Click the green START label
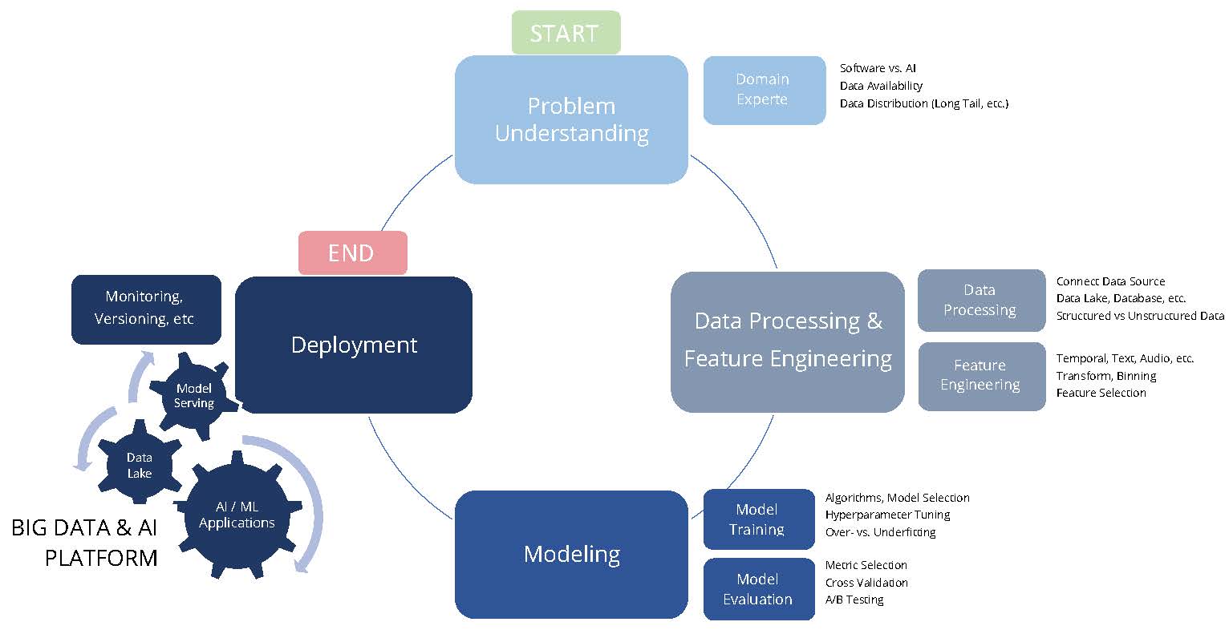pyautogui.click(x=566, y=33)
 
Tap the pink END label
pyautogui.click(x=352, y=252)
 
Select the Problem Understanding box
pyautogui.click(x=571, y=119)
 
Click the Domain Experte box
pyautogui.click(x=764, y=90)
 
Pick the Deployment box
pyautogui.click(x=354, y=345)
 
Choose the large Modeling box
pyautogui.click(x=571, y=554)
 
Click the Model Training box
pyautogui.click(x=758, y=519)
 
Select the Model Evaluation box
pyautogui.click(x=758, y=589)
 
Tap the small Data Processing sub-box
pyautogui.click(x=980, y=300)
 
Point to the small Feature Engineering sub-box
pyautogui.click(x=980, y=375)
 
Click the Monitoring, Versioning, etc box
pyautogui.click(x=145, y=308)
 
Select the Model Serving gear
pyautogui.click(x=194, y=396)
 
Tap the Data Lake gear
pyautogui.click(x=140, y=465)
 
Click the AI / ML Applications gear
pyautogui.click(x=237, y=515)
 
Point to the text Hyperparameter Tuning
pyautogui.click(x=887, y=515)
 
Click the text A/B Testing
pyautogui.click(x=854, y=600)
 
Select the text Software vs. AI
pyautogui.click(x=878, y=68)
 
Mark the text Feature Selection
pyautogui.click(x=1101, y=393)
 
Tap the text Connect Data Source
pyautogui.click(x=1110, y=281)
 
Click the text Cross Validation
pyautogui.click(x=866, y=583)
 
